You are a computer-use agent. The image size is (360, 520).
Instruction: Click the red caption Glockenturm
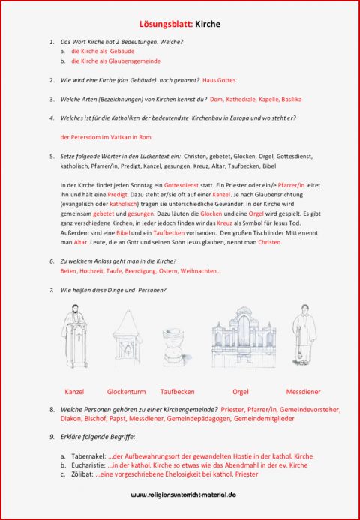(125, 391)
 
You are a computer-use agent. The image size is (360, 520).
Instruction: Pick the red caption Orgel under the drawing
(241, 391)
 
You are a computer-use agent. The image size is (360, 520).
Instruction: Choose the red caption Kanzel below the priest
(74, 391)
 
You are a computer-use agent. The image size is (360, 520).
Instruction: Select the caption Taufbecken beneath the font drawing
(177, 391)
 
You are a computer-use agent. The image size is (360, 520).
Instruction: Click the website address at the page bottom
(184, 495)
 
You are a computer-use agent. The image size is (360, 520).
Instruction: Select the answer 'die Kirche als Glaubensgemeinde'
(115, 61)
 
